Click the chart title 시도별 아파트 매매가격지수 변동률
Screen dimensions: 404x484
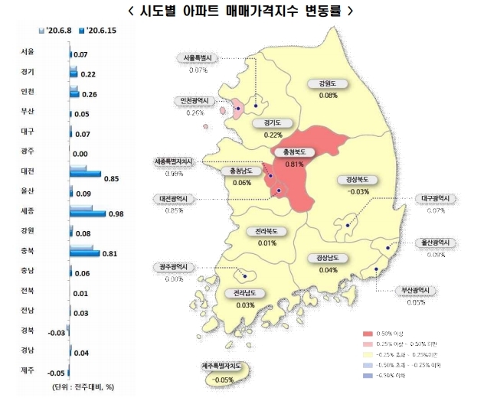242,11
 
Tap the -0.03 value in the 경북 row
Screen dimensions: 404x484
57,332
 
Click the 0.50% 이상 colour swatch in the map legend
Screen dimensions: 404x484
371,334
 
